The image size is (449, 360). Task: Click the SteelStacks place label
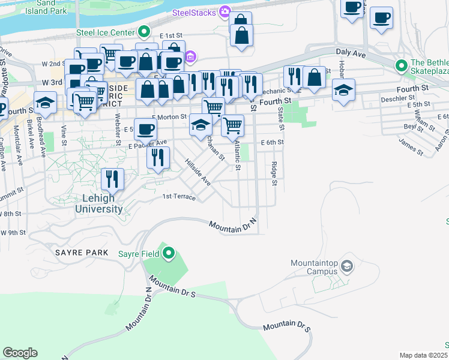click(194, 12)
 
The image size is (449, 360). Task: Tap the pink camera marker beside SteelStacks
click(225, 11)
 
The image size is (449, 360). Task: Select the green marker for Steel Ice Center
click(143, 32)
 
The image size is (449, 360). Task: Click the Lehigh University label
click(99, 204)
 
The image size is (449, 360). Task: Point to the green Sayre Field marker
click(169, 254)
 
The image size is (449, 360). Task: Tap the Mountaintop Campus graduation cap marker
click(346, 266)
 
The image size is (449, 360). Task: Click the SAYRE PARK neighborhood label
click(82, 253)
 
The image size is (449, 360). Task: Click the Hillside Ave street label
click(197, 172)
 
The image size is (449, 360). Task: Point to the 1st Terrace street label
click(179, 196)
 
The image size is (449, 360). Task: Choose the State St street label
click(280, 119)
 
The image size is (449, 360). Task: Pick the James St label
click(411, 145)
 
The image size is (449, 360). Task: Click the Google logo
click(20, 353)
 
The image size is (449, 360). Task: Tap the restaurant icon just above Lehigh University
click(112, 178)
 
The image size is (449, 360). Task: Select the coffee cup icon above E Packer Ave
click(145, 128)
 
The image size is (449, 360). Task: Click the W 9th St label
click(13, 232)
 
